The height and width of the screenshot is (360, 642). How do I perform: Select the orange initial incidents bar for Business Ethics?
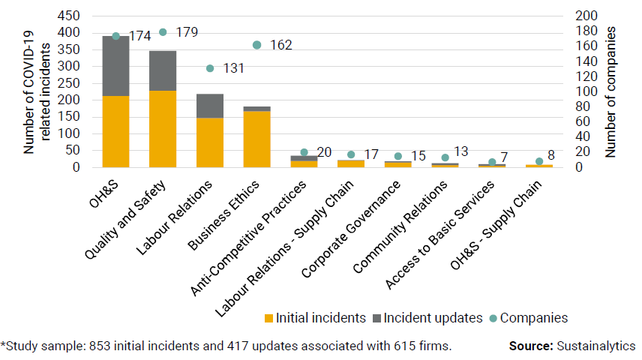click(x=256, y=139)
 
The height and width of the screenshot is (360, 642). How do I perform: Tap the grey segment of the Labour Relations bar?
click(x=210, y=106)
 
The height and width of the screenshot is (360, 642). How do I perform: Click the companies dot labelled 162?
click(x=256, y=45)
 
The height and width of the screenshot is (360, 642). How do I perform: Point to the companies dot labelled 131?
click(x=210, y=68)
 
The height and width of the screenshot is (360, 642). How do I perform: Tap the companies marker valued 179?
click(x=163, y=32)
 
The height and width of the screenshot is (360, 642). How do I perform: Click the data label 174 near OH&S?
click(x=140, y=35)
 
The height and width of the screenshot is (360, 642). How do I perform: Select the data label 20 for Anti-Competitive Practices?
click(x=323, y=153)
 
